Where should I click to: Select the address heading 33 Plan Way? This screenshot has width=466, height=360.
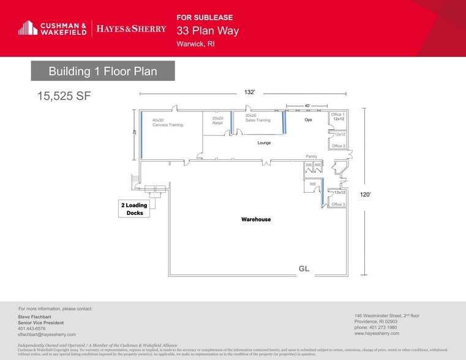208,31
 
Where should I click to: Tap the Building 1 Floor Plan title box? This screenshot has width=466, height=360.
103,71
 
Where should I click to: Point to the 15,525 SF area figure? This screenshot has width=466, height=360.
64,96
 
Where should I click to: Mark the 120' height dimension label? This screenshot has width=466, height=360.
366,194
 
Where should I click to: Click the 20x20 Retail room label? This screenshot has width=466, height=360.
217,120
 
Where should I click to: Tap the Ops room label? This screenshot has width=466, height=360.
308,120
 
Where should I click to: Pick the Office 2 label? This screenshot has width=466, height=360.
338,146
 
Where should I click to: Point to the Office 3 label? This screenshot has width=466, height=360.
338,204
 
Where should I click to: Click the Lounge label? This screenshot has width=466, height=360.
264,143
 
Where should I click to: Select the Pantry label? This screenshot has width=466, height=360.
311,156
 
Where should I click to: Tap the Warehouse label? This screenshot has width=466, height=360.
256,219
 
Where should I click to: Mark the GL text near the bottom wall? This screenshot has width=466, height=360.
304,269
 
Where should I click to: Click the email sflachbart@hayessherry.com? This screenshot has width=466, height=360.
47,334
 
